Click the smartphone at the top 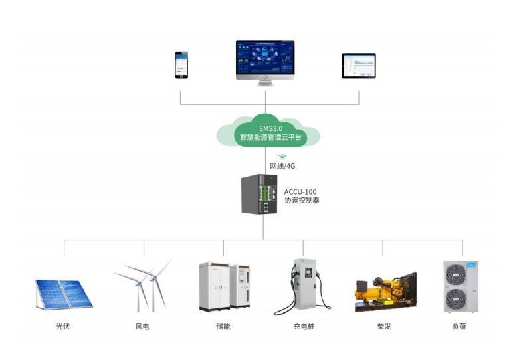pyautogui.click(x=181, y=65)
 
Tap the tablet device pyautogui.click(x=359, y=66)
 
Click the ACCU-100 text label pyautogui.click(x=300, y=191)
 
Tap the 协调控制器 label pyautogui.click(x=302, y=201)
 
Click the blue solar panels pyautogui.click(x=64, y=294)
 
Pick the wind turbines pyautogui.click(x=145, y=284)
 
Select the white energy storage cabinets pyautogui.click(x=224, y=286)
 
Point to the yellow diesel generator pyautogui.click(x=385, y=292)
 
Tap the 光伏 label pyautogui.click(x=64, y=327)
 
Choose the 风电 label pyautogui.click(x=142, y=327)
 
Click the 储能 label pyautogui.click(x=223, y=327)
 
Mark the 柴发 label pyautogui.click(x=383, y=327)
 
